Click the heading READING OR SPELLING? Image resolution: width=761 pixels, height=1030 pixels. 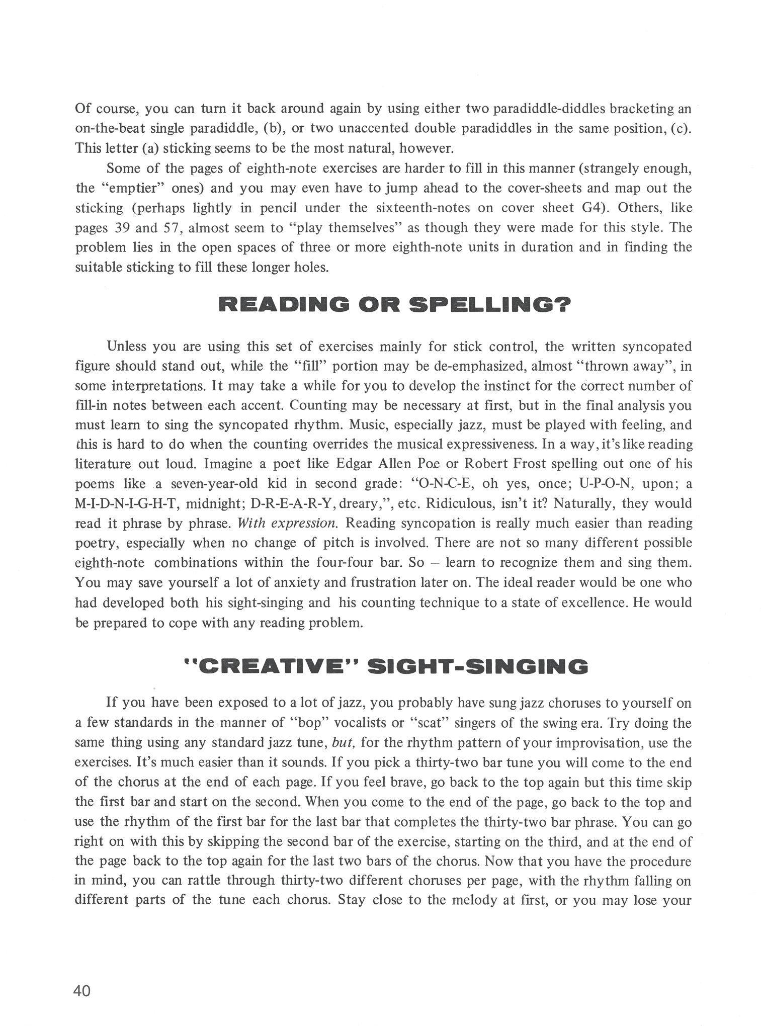[388, 305]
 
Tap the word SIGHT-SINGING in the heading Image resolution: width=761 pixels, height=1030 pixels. [478, 667]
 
